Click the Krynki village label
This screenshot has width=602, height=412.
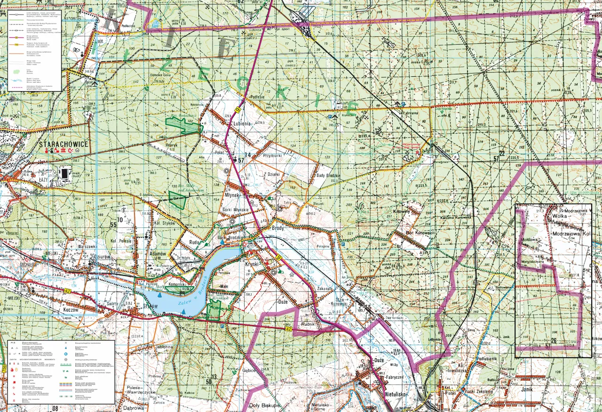click(x=252, y=264)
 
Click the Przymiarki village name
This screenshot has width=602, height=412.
click(x=272, y=155)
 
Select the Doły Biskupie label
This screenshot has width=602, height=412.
click(x=264, y=404)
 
